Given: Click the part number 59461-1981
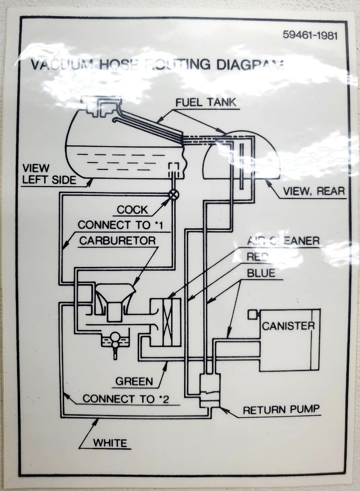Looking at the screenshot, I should [x=310, y=35].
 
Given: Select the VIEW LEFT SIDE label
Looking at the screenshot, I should [x=49, y=174].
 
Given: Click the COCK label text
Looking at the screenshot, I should [x=132, y=210].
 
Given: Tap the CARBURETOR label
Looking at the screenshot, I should [x=117, y=240].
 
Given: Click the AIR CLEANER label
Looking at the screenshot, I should [x=283, y=241].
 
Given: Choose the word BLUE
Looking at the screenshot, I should [x=261, y=273].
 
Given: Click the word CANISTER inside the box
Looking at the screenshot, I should [x=288, y=326].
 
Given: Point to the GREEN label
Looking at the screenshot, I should [x=134, y=381].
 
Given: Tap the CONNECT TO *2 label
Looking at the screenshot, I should [x=126, y=399].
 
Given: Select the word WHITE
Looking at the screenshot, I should [x=110, y=443].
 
